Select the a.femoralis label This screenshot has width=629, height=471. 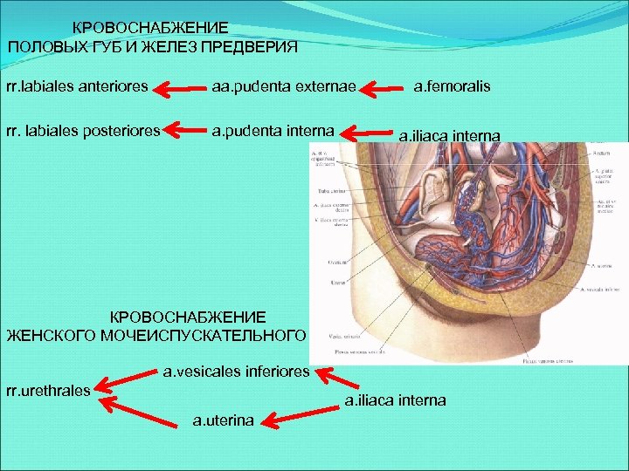pos(452,86)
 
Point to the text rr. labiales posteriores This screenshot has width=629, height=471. pos(83,131)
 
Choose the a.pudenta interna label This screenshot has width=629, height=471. pos(272,131)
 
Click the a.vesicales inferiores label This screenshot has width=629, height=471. pos(237,372)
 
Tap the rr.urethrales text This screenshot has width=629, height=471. pos(48,390)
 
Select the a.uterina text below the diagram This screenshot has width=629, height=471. pos(223,420)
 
